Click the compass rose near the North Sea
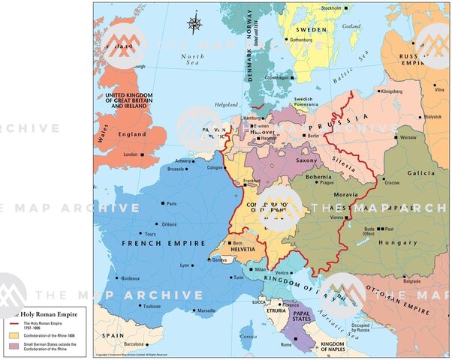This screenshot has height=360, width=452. pyautogui.click(x=195, y=23)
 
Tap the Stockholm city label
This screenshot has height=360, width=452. pyautogui.click(x=331, y=8)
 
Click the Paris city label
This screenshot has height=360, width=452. pyautogui.click(x=171, y=203)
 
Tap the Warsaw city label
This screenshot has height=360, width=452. pyautogui.click(x=408, y=138)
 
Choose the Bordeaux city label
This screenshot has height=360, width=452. pyautogui.click(x=131, y=278)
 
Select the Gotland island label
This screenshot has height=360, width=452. pyautogui.click(x=351, y=25)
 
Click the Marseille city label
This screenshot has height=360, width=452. pyautogui.click(x=206, y=310)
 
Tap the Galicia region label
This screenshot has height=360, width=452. pyautogui.click(x=421, y=172)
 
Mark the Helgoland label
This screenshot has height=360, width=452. pyautogui.click(x=225, y=105)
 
